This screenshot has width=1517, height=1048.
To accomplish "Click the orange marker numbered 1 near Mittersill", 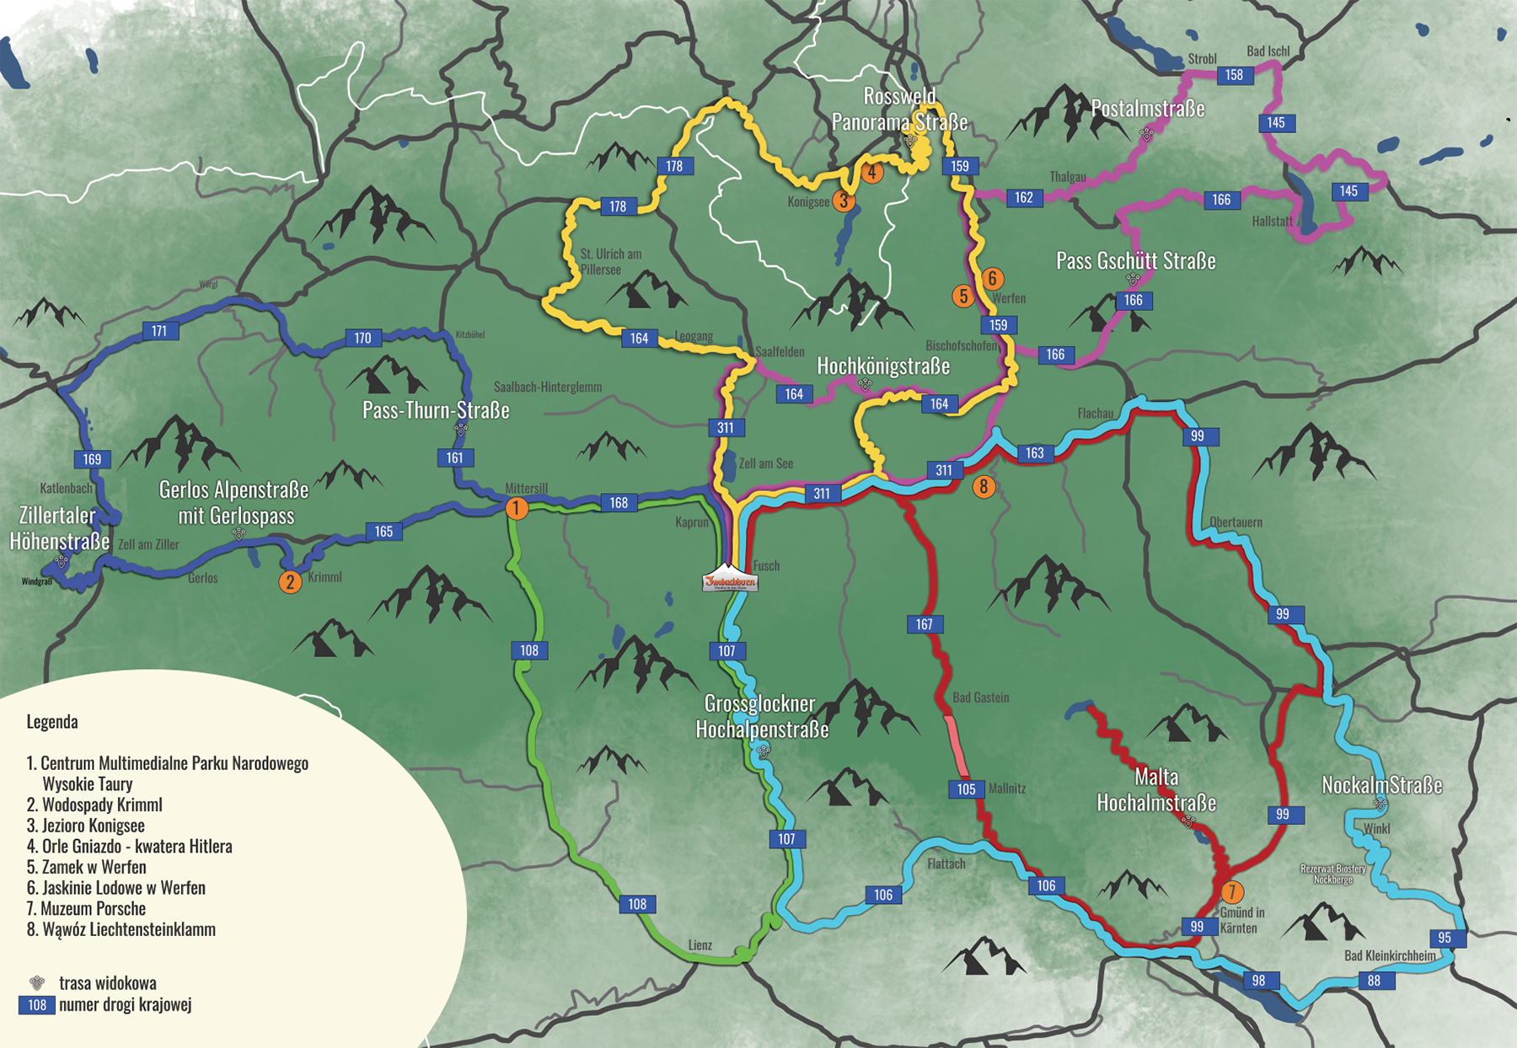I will click(516, 508).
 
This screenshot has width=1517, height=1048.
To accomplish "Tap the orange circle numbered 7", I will click(1231, 892).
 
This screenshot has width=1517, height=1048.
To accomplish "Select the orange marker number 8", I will click(983, 486).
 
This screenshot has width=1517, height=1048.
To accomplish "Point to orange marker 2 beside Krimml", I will click(290, 581).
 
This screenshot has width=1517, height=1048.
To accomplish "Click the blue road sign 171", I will click(159, 331).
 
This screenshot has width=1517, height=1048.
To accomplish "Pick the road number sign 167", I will click(925, 624).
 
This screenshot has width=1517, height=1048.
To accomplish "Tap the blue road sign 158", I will click(1235, 75).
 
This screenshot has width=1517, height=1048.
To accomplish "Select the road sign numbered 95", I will click(1445, 938).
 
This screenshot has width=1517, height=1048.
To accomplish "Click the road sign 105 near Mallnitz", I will click(966, 789).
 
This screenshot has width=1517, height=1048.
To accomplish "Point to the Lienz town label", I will click(700, 945).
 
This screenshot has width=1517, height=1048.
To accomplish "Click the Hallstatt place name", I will click(1272, 221).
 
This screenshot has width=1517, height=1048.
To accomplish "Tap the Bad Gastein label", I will click(980, 698).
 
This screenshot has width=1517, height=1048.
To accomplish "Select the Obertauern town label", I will click(1236, 522).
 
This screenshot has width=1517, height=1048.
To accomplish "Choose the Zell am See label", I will click(765, 463).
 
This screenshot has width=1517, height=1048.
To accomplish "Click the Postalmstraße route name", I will click(1147, 109).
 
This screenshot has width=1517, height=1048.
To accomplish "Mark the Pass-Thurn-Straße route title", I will click(436, 410).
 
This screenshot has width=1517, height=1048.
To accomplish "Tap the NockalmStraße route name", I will click(1381, 785).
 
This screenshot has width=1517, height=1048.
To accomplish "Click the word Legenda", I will click(52, 722).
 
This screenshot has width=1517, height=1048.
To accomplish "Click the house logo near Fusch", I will click(730, 580).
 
